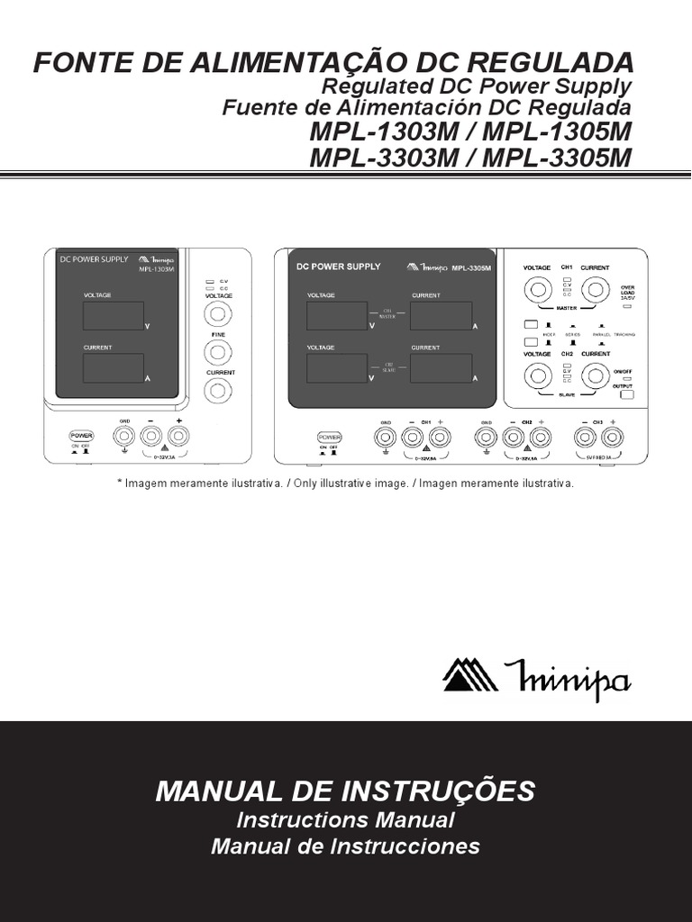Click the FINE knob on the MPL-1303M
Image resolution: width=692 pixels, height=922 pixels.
coord(217,352)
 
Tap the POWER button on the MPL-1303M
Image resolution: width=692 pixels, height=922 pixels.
coord(82,436)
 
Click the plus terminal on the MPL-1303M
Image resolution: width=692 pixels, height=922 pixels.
coord(178,436)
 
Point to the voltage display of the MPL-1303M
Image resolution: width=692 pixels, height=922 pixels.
coord(113,316)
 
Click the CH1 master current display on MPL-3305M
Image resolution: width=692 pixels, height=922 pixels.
coord(442,316)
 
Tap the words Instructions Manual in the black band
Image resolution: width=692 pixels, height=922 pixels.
coord(345,820)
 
